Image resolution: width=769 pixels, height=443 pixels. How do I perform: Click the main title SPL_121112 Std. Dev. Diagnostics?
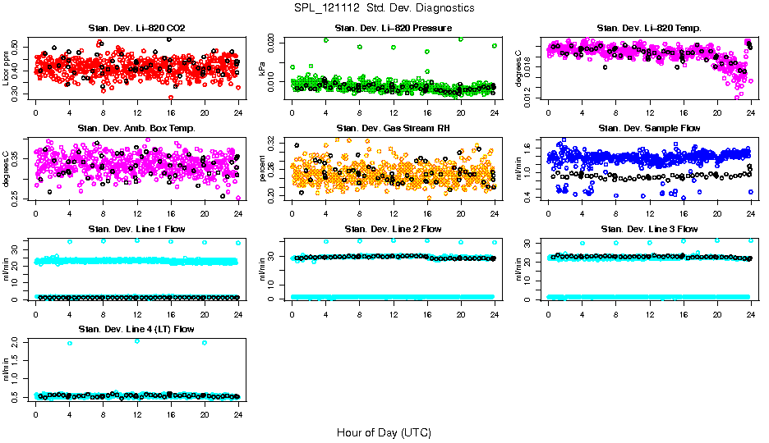pos(384,7)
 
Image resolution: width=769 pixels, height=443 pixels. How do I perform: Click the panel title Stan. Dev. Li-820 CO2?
pos(136,29)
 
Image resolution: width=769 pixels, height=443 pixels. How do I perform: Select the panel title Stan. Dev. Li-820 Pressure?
pos(393,29)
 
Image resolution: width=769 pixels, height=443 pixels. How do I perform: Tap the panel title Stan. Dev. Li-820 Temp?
pos(649,29)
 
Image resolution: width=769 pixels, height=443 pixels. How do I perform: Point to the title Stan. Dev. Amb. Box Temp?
pos(136,129)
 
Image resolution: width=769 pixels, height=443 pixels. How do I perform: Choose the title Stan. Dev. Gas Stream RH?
pos(393,129)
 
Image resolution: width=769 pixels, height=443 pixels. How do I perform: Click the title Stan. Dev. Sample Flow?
pos(649,129)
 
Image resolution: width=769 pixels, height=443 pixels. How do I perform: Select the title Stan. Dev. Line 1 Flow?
pos(136,229)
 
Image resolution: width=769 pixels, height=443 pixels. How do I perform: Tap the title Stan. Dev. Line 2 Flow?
pos(393,229)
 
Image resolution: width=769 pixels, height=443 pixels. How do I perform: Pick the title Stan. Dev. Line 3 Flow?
pos(649,229)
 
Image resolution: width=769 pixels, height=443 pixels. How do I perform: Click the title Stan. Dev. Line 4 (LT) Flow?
pos(136,329)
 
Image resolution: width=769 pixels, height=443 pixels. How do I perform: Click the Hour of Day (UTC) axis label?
pos(384,432)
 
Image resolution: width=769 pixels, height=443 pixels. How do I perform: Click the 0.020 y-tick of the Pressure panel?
pos(275,40)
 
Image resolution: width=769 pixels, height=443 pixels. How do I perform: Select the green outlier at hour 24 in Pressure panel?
pos(495,46)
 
